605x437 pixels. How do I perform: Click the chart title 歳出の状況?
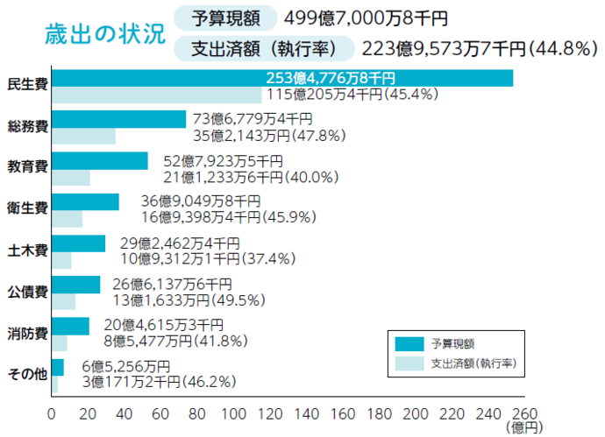click(x=104, y=34)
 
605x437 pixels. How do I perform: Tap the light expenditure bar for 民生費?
click(x=158, y=95)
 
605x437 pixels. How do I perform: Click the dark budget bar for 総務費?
click(x=119, y=120)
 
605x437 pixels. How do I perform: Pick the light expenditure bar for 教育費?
click(x=71, y=178)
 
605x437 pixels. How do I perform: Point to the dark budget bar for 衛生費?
click(x=86, y=202)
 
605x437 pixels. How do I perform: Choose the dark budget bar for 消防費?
click(x=71, y=326)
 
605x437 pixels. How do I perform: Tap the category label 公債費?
click(x=27, y=290)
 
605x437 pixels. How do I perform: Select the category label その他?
click(x=27, y=374)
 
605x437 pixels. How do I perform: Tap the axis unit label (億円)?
click(x=523, y=426)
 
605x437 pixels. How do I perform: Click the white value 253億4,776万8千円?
click(x=331, y=78)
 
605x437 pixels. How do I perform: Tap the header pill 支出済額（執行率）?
click(x=264, y=48)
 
